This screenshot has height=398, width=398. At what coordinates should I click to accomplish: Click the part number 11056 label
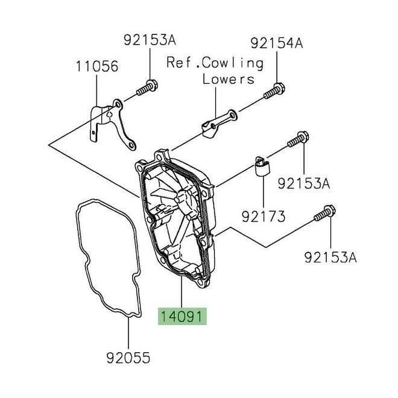[x=97, y=66]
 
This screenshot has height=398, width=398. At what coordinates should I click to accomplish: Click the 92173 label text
[x=264, y=215]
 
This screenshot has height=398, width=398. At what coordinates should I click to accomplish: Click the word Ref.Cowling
[x=215, y=63]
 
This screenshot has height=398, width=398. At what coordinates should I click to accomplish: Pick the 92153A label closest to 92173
[x=303, y=183]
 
